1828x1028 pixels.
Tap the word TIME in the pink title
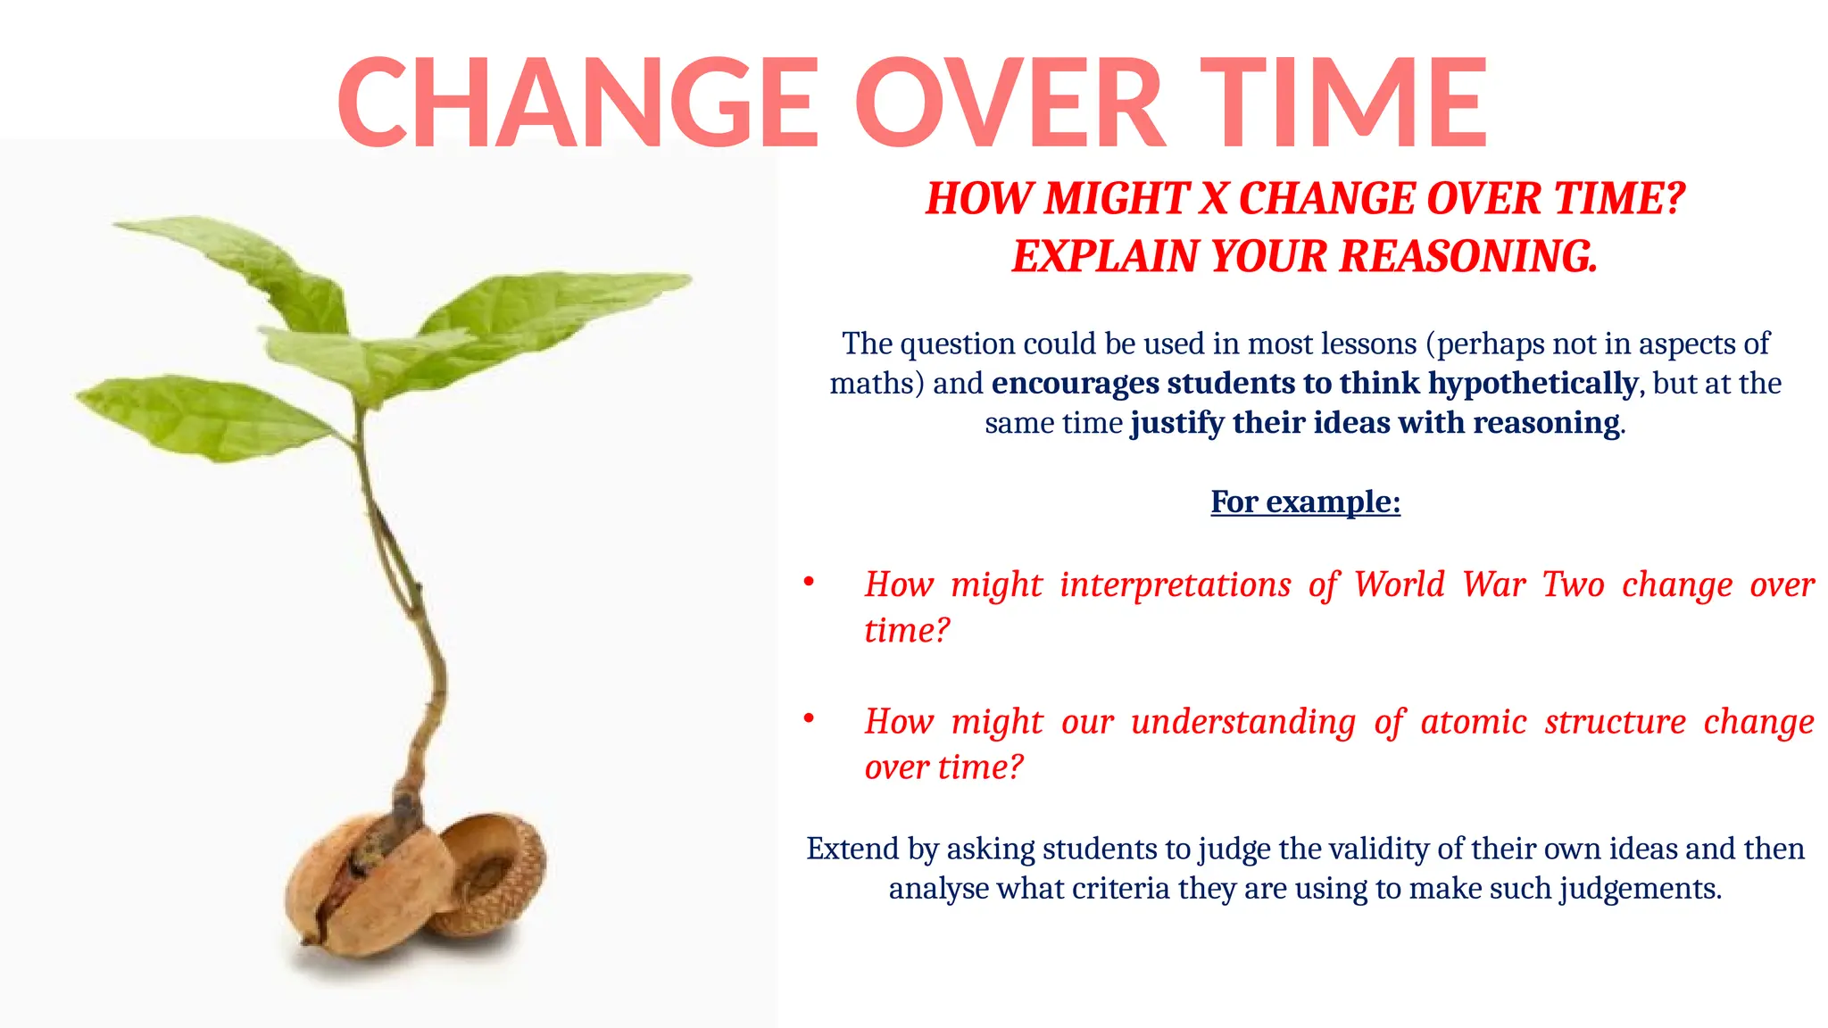click(1343, 103)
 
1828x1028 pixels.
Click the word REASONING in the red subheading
click(1467, 257)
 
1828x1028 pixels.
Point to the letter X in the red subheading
click(1213, 198)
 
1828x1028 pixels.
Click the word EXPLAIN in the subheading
click(1105, 257)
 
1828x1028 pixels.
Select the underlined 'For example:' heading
click(1305, 502)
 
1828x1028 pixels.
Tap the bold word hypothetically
click(1533, 384)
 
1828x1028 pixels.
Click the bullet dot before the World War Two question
click(809, 583)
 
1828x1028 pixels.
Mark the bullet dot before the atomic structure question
click(809, 718)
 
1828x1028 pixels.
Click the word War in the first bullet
click(1492, 584)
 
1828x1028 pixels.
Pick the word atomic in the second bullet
click(1474, 721)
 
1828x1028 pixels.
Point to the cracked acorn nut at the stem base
click(366, 892)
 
